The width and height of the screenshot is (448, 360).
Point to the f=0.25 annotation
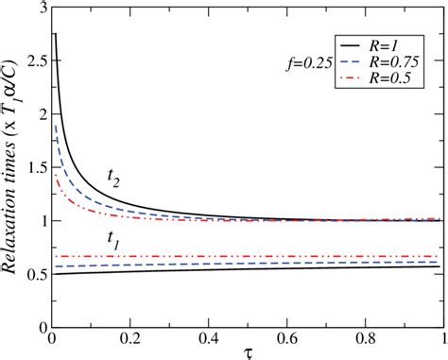pos(306,62)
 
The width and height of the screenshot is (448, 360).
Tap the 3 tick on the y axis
pos(36,8)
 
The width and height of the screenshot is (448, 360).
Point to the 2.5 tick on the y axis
pos(29,61)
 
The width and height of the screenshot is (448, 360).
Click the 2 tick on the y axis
pos(36,114)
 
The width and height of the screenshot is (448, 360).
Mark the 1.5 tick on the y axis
pos(29,168)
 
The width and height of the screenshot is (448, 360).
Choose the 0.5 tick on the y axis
pos(29,275)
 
